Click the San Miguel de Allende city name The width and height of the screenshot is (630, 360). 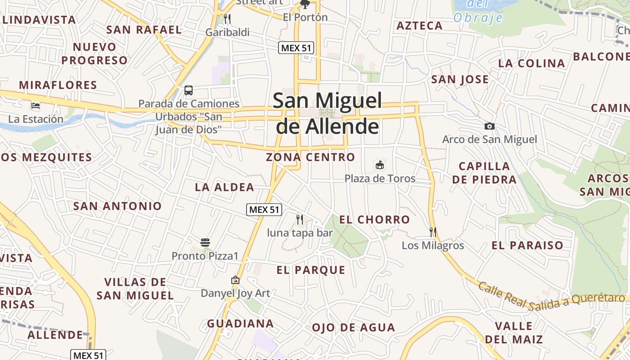327,113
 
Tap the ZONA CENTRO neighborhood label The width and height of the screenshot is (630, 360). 310,157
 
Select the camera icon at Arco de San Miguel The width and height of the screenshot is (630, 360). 490,126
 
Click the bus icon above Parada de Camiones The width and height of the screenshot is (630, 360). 189,90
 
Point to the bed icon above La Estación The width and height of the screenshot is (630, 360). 36,106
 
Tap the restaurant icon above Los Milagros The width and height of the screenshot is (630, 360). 433,232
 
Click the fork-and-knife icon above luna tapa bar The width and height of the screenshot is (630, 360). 300,220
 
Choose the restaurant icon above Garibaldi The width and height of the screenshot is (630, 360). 227,19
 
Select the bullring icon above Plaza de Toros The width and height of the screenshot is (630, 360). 380,165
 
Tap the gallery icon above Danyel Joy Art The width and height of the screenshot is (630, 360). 235,280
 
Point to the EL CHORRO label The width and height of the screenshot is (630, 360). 374,220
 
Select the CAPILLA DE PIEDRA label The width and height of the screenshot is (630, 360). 484,173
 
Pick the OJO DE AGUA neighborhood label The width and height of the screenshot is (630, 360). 353,328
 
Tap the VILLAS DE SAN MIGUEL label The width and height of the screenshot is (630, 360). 135,289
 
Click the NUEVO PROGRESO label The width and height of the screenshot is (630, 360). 94,54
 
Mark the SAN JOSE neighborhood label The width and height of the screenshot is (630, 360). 460,80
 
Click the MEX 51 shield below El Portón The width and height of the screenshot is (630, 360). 296,48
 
